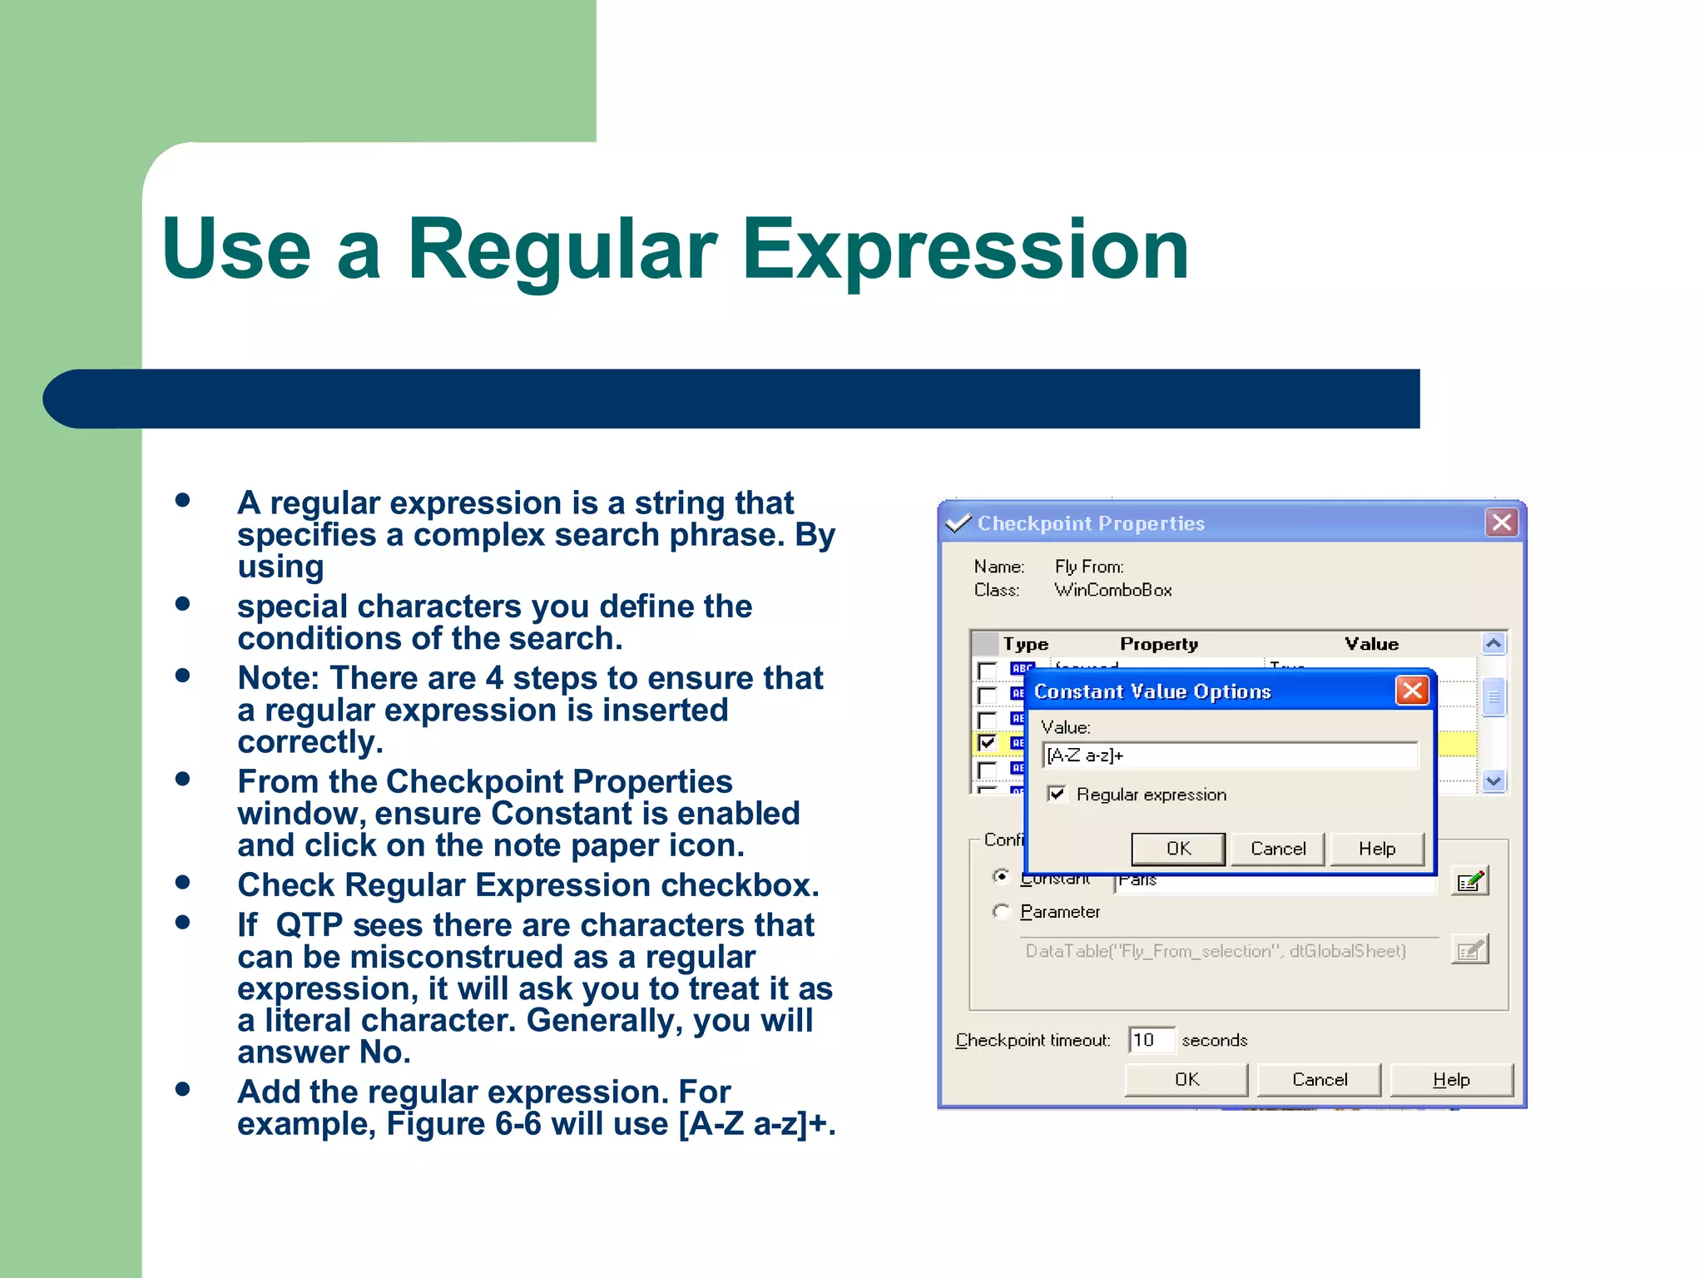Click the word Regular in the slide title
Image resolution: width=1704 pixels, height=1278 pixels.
point(562,250)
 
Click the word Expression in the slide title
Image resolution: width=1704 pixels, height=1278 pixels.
point(965,250)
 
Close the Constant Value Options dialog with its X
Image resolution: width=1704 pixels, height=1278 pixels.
point(1412,691)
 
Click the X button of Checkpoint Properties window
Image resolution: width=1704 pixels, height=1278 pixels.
point(1502,523)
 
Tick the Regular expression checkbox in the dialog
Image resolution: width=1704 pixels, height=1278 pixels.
point(1057,794)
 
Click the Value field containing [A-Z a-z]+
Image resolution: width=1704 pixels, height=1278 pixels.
point(1229,755)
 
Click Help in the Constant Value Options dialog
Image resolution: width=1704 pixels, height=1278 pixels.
point(1376,849)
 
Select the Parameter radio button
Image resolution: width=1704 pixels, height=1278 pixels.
point(1002,912)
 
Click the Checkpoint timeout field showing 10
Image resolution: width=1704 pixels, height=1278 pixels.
point(1151,1040)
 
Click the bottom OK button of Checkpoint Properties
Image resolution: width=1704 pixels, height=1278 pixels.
point(1186,1079)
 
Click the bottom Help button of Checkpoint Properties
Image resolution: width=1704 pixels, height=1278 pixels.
point(1451,1079)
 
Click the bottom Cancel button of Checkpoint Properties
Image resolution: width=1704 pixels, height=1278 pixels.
point(1319,1079)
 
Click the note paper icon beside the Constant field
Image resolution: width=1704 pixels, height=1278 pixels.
point(1469,881)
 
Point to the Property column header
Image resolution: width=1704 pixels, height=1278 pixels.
point(1158,644)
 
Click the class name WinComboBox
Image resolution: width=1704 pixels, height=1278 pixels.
point(1112,590)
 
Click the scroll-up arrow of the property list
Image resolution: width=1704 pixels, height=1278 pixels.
point(1493,644)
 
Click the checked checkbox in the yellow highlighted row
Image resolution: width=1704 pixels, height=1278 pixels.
point(988,742)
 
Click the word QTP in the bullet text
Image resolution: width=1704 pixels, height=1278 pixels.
point(309,925)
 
